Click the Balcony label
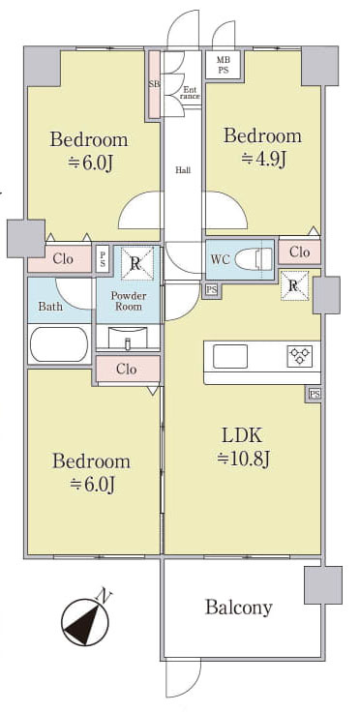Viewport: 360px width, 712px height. (x=238, y=608)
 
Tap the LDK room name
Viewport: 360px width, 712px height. (x=242, y=436)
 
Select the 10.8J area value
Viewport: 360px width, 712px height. (x=243, y=460)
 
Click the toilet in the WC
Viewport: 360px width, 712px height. (x=254, y=260)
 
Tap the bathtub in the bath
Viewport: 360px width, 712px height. (x=59, y=344)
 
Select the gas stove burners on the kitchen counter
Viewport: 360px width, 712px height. (x=299, y=356)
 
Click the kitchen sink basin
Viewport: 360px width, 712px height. (x=230, y=356)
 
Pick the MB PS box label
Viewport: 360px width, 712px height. (x=223, y=65)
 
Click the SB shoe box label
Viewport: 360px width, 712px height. (x=154, y=84)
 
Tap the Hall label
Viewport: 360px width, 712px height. (x=183, y=170)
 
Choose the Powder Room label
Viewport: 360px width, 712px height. (x=129, y=301)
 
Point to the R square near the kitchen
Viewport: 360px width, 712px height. (x=294, y=285)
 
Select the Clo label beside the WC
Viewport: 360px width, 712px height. (x=299, y=252)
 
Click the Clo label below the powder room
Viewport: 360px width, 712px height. (x=126, y=369)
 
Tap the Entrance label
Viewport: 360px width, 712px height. (x=191, y=93)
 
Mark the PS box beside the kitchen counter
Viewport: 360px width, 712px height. (x=315, y=394)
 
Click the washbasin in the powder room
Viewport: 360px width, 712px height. (x=128, y=338)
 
